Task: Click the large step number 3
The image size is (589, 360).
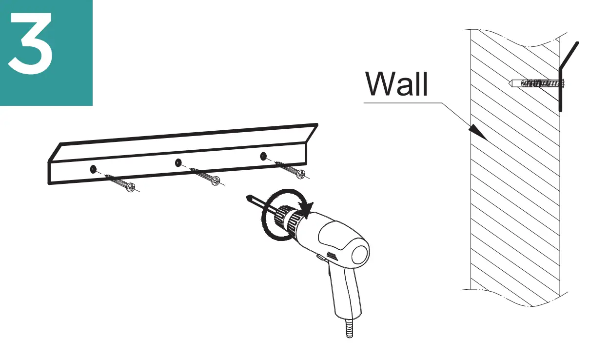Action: [30, 45]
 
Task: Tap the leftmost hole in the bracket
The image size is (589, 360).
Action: [93, 169]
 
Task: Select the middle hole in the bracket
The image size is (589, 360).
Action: [178, 162]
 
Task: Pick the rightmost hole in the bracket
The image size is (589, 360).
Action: [263, 156]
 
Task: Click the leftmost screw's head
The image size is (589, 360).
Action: [130, 186]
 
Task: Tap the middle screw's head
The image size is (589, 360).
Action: [216, 180]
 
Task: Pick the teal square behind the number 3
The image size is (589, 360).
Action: [73, 88]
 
